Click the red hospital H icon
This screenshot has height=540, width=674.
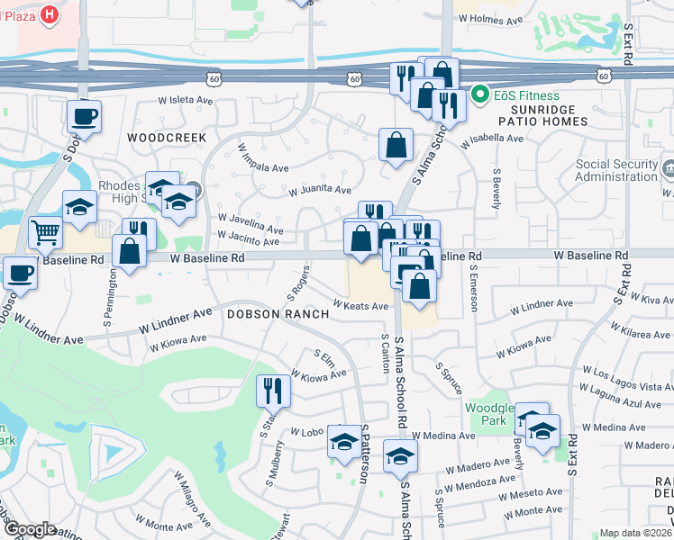click(50, 15)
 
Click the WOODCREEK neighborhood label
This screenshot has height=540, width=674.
click(167, 137)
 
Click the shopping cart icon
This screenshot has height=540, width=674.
click(45, 233)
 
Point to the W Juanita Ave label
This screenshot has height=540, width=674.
click(320, 190)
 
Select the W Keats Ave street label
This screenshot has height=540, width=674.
click(360, 305)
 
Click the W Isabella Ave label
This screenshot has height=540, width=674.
click(491, 140)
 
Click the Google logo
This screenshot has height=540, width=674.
click(29, 529)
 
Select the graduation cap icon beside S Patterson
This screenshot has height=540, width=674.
click(343, 441)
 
